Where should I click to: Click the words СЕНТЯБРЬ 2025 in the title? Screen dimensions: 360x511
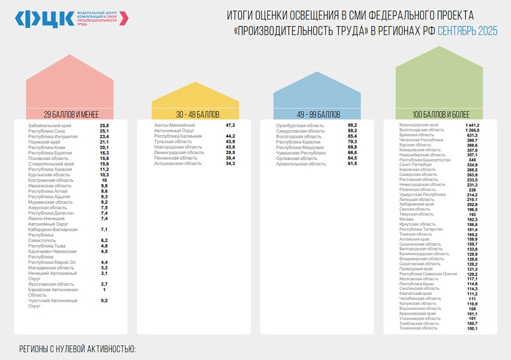[467, 31]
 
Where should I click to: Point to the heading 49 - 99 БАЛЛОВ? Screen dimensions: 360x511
[319, 114]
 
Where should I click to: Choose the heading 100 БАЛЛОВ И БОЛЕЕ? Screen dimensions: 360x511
[441, 114]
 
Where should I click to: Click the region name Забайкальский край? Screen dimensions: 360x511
[50, 126]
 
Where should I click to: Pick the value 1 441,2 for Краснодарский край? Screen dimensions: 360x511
[472, 125]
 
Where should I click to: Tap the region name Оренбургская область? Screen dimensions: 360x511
[300, 126]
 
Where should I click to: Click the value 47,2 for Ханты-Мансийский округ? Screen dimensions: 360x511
[230, 126]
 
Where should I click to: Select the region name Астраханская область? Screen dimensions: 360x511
[179, 164]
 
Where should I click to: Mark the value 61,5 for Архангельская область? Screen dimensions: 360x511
[352, 164]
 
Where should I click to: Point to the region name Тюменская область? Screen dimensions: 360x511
[418, 328]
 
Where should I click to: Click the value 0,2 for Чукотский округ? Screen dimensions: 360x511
[104, 300]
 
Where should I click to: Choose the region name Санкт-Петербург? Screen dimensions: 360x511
[416, 165]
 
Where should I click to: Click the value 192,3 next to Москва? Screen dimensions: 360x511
[472, 219]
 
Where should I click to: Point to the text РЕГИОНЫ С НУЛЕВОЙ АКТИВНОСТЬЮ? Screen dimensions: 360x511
[77, 349]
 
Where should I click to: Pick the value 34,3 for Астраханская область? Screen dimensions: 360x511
[230, 164]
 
